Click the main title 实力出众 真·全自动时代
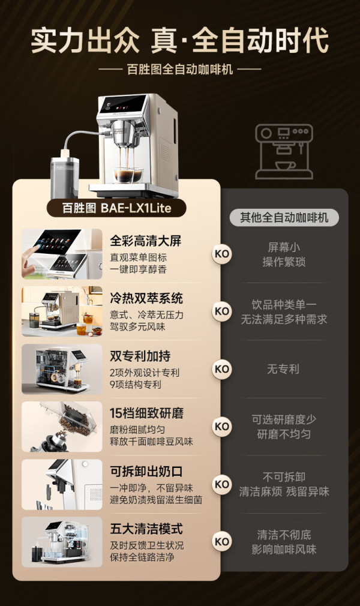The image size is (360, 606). point(180,40)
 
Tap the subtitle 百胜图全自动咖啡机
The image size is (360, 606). point(180,70)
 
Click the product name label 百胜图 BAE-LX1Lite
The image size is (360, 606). point(116,208)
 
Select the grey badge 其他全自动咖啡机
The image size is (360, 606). point(284,218)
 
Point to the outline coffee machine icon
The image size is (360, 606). point(284,151)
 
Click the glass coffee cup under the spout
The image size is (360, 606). point(128,175)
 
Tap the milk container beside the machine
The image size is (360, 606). point(65,178)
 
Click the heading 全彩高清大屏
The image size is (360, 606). point(145,241)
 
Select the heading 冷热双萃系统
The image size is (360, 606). point(146,298)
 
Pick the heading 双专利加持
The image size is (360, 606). point(140,356)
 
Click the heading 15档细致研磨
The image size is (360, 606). point(146,413)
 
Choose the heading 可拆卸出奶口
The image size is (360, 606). point(146,471)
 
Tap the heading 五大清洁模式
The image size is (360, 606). point(146,529)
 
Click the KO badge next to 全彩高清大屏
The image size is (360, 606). point(222,254)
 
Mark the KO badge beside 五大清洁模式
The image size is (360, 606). point(222,541)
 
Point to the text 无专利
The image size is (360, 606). point(283,369)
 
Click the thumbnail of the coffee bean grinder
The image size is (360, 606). point(62,427)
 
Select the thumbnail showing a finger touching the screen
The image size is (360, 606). point(62,254)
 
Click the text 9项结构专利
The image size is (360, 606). point(136,385)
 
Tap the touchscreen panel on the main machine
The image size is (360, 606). point(123,104)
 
